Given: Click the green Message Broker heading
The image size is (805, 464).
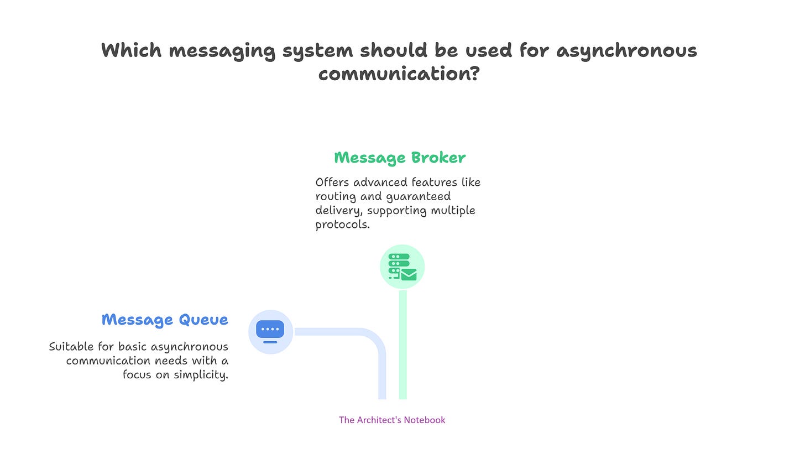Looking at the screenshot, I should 400,158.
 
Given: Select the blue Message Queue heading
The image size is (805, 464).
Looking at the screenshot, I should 165,320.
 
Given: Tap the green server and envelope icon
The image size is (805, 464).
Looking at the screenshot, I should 402,267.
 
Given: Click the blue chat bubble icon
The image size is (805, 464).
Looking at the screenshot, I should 270,331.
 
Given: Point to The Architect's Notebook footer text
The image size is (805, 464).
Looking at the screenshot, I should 392,420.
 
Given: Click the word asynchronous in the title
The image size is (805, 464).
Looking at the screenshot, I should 626,50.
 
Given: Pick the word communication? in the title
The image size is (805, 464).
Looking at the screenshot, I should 399,74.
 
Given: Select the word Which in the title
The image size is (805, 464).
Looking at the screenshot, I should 132,50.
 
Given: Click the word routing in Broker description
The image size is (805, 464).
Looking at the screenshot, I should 334,197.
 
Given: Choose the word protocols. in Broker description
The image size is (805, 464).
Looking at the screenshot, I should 342,225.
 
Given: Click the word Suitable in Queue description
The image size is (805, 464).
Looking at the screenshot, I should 69,347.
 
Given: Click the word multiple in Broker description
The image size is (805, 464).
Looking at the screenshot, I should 452,211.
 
